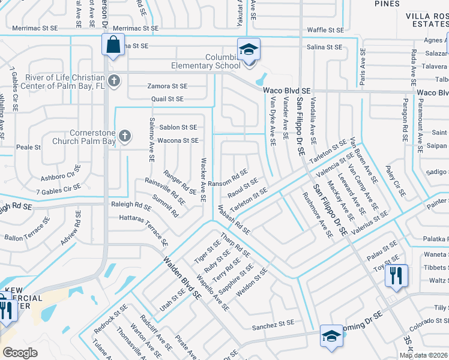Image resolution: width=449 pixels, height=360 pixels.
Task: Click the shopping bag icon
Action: [x=113, y=44]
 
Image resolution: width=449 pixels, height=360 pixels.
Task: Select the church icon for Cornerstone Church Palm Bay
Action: [x=125, y=136]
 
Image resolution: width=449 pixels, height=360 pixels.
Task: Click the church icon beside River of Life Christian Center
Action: [x=113, y=80]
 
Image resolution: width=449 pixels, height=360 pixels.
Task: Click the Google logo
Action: [x=20, y=353]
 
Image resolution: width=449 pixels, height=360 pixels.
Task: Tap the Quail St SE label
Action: [x=167, y=99]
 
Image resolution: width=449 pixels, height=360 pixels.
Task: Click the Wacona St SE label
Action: [x=178, y=140]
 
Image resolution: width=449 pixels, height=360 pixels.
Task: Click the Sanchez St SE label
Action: [x=273, y=323]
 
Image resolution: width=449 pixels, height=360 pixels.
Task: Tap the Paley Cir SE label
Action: [x=396, y=182]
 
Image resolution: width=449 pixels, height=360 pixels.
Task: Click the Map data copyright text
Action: [x=423, y=355]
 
